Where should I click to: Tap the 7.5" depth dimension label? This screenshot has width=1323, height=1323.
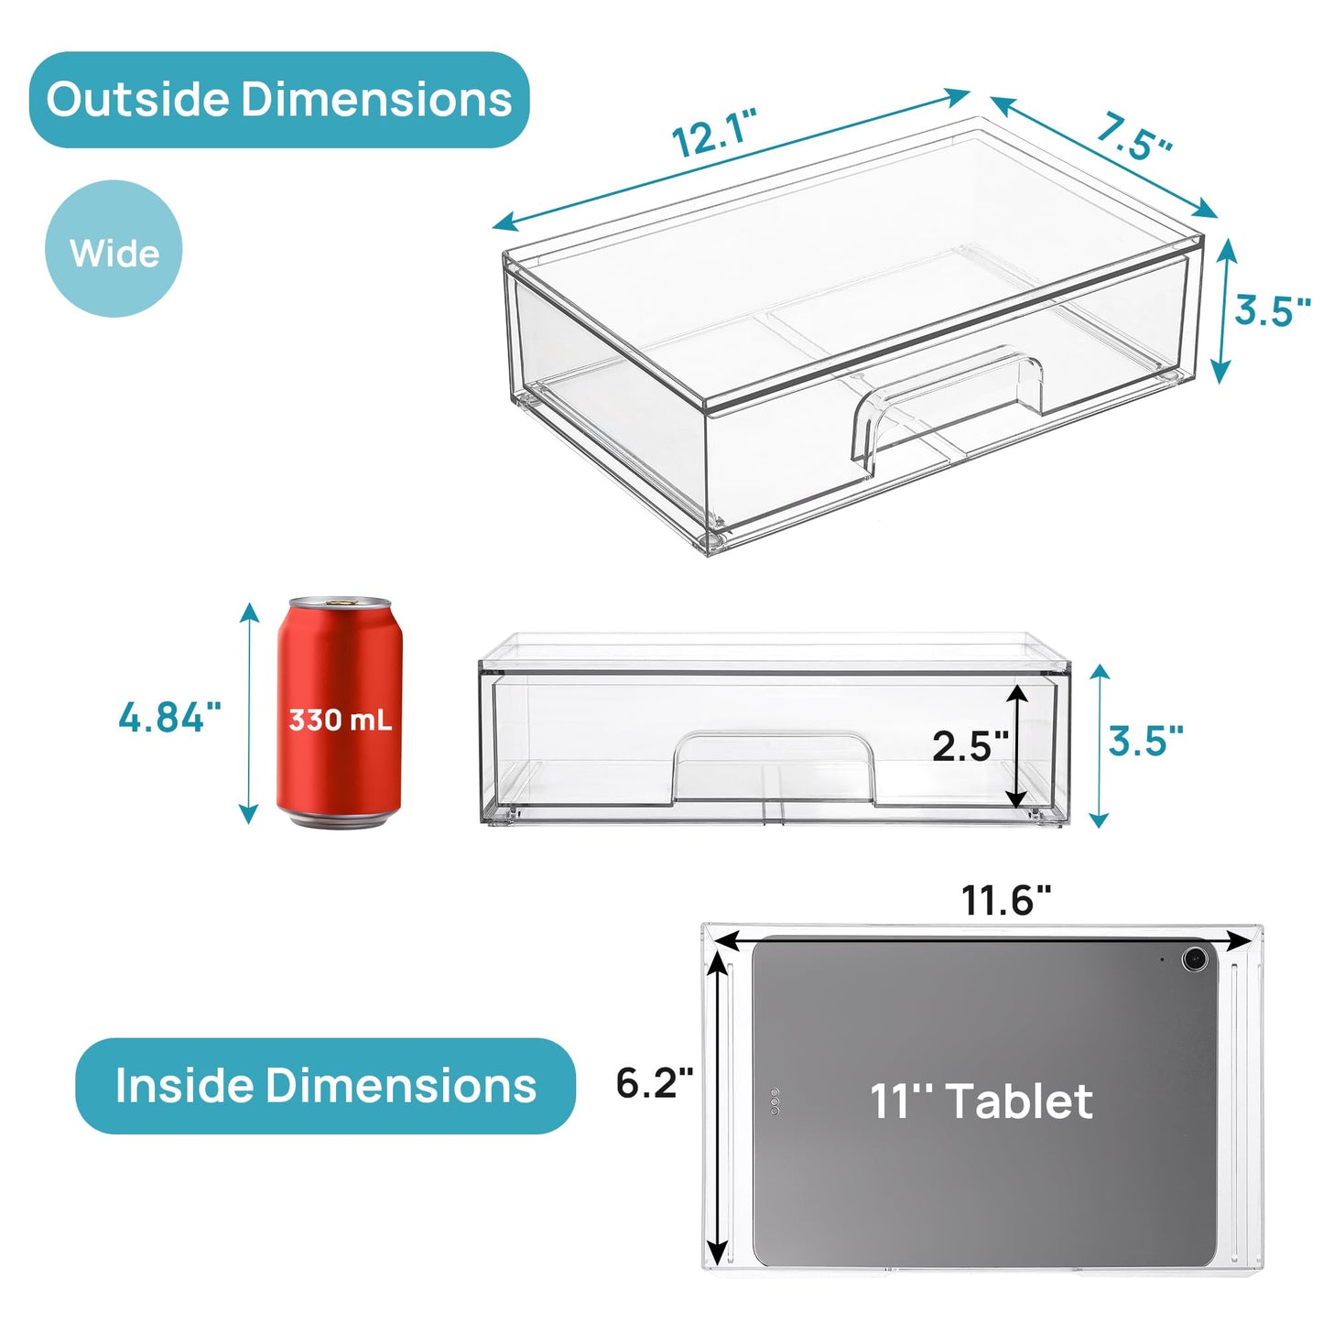pos(1133,137)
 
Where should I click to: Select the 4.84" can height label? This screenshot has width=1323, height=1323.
pos(169,717)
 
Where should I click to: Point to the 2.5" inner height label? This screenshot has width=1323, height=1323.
pos(969,746)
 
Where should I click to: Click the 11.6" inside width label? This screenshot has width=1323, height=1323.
pos(1005,901)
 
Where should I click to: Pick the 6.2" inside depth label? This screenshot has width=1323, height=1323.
pos(654,1083)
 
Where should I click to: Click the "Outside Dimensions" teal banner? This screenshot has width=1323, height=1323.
pos(279,100)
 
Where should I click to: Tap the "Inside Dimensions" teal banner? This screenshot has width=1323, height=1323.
pos(325,1086)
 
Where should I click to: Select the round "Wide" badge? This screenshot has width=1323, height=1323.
pos(114,249)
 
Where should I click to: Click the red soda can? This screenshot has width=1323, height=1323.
pos(340,714)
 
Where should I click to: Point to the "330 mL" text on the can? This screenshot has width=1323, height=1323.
pos(340,720)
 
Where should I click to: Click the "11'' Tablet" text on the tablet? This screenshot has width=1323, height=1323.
pos(981,1101)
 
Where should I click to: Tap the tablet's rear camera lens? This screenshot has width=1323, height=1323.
pos(1193,960)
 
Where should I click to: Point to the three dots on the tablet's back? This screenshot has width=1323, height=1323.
pos(775,1101)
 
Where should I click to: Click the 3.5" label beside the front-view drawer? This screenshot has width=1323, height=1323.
pos(1145,741)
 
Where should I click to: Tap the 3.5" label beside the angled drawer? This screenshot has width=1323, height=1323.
pos(1272,310)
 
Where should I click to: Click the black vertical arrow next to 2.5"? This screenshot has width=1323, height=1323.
pos(1016,746)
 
